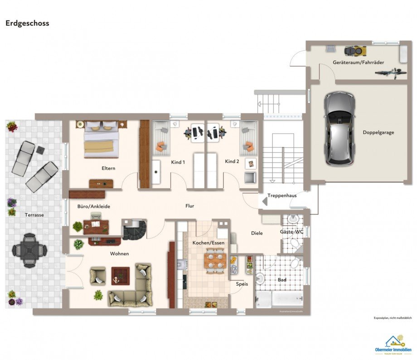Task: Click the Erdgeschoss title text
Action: (27, 23)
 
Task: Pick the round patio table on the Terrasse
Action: (29, 248)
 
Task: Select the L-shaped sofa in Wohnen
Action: (133, 288)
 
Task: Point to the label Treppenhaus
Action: (282, 196)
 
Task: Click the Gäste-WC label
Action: (291, 232)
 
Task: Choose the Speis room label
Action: (241, 284)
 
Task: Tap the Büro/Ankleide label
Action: (94, 206)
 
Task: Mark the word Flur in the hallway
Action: (190, 206)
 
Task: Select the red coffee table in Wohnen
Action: (121, 275)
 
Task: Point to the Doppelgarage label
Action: (378, 133)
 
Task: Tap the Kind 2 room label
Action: (232, 162)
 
